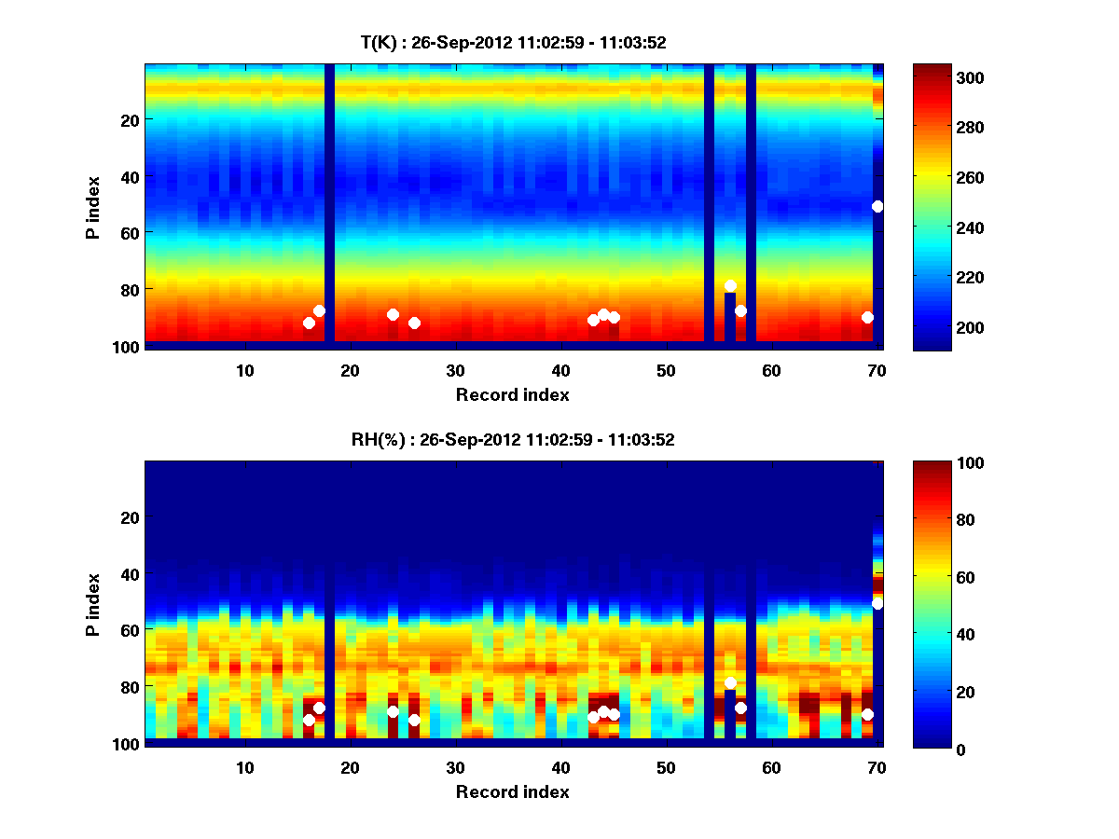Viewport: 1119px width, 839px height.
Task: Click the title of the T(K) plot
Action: coord(513,42)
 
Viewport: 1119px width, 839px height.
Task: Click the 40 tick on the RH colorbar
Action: coord(935,635)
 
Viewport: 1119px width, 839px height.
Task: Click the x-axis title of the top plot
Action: coord(513,394)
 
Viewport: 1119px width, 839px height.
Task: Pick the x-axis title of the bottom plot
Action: coord(513,791)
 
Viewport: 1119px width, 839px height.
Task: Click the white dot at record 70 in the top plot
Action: coord(877,206)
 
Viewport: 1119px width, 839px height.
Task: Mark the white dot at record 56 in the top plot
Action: coord(730,286)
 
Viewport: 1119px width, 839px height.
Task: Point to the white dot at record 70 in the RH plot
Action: coord(877,604)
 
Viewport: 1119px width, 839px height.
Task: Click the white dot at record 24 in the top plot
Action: coord(393,314)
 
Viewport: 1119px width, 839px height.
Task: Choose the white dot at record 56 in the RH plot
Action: coord(730,683)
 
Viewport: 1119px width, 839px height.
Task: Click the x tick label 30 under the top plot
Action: coord(456,370)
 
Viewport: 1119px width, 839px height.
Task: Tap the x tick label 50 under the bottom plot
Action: coord(666,767)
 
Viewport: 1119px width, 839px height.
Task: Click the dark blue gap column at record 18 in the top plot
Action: coord(329,205)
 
